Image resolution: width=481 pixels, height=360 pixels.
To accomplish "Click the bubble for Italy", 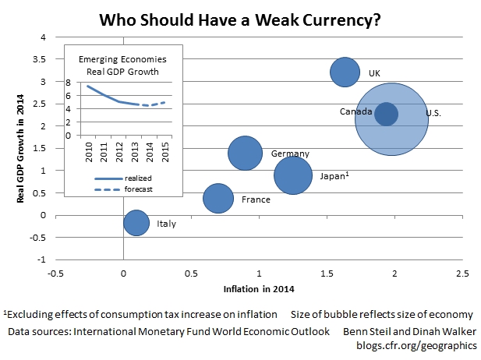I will point(136,223).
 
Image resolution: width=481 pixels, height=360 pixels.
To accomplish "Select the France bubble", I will point(218,198).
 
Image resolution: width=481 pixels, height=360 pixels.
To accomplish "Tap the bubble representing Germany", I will point(245,154).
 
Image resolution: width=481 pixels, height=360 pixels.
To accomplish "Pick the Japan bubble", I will point(293,175).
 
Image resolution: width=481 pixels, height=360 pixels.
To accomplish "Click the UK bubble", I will point(345,72).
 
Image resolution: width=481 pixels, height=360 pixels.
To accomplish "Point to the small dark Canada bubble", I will point(386,114).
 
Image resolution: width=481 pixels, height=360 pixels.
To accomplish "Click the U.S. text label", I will point(433,115).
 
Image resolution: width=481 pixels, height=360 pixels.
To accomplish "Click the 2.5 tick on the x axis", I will point(462,274).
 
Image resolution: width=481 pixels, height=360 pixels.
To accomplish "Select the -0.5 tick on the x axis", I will point(55,274).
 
